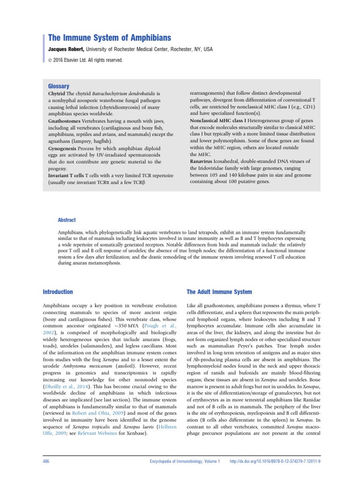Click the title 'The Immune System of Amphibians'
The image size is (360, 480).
110,37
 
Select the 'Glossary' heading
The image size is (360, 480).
59,86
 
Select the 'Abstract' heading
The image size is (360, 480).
66,220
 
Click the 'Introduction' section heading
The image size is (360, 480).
58,292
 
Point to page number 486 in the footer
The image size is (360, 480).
46,462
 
